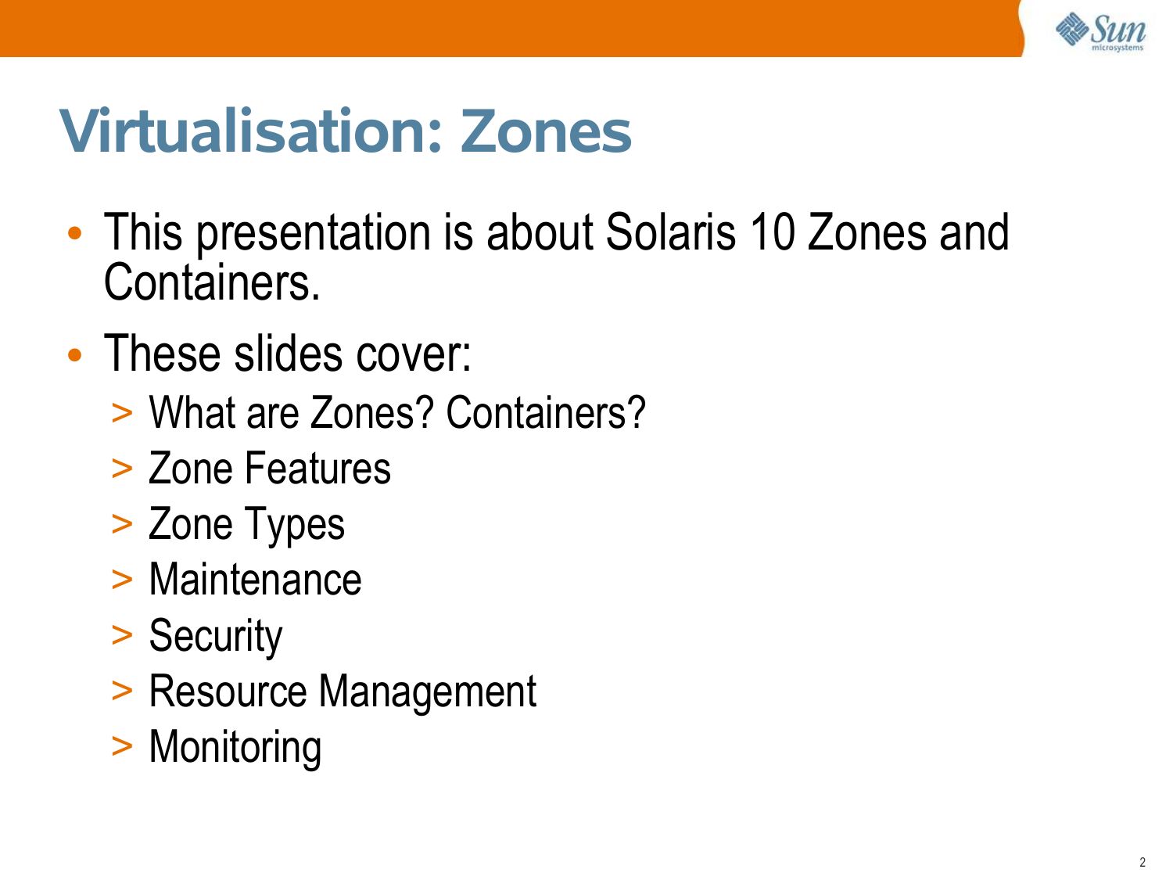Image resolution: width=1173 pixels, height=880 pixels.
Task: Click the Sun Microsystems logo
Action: click(1099, 31)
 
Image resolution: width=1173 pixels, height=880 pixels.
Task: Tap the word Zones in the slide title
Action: click(546, 131)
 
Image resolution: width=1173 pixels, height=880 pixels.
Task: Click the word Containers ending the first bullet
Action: click(212, 282)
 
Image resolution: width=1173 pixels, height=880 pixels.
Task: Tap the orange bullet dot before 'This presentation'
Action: click(75, 233)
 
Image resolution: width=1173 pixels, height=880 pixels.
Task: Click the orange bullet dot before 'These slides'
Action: click(75, 355)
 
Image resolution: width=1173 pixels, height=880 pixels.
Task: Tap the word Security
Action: click(216, 637)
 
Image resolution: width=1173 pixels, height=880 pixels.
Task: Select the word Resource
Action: click(228, 691)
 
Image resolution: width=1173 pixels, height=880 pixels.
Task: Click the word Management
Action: click(428, 692)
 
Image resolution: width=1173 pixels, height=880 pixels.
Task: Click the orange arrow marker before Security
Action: click(122, 636)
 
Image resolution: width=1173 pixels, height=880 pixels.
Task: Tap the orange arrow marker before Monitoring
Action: click(122, 747)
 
